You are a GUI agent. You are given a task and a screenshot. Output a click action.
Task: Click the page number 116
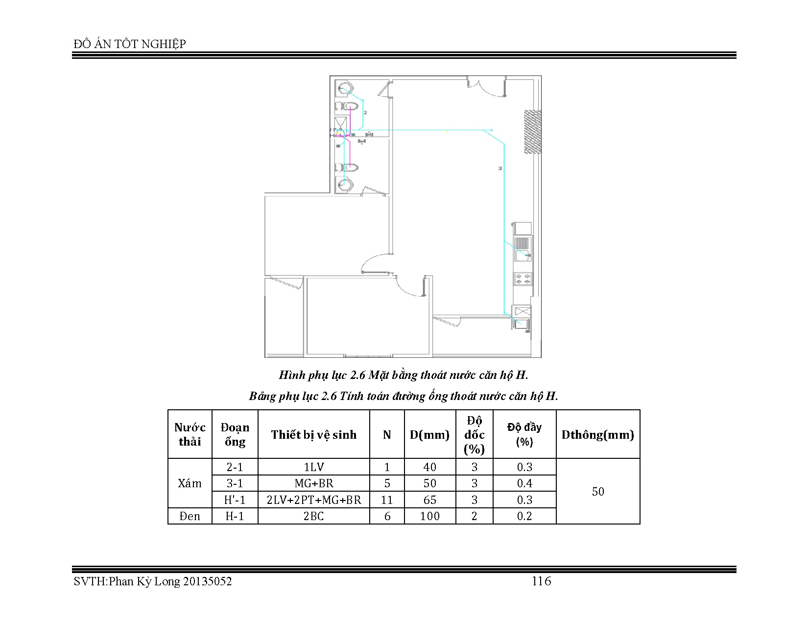coord(542,581)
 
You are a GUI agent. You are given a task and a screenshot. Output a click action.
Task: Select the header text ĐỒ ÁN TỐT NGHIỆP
coord(130,44)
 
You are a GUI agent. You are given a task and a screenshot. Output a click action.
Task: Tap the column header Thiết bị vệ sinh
coord(313,434)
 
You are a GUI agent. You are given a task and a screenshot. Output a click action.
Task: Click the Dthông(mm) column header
coord(597,434)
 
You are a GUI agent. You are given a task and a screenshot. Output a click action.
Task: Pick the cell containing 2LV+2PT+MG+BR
coord(313,500)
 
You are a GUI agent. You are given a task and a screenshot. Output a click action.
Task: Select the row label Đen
coord(190,516)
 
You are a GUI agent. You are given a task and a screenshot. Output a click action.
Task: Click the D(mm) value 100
coord(429,516)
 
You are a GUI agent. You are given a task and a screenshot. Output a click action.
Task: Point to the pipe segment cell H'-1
coord(235,500)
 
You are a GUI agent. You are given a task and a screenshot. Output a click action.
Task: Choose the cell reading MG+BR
coord(313,483)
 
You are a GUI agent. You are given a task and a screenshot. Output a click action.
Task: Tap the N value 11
coord(387,500)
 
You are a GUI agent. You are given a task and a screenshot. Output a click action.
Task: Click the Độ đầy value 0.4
coord(524,483)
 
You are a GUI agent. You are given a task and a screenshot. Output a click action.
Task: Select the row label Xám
coord(190,483)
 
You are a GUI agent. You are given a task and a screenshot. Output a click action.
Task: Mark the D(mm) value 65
coord(429,500)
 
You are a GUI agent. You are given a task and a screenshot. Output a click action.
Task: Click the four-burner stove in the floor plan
coord(523,279)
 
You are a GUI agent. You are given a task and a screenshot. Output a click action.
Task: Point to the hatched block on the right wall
coord(532,131)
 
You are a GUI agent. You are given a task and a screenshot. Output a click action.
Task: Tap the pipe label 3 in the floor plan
coord(500,168)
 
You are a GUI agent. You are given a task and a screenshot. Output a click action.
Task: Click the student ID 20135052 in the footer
coord(207,581)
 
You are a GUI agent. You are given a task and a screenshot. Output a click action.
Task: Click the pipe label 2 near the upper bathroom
coord(365,112)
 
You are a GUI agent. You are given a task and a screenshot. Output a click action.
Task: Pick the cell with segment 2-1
coord(235,467)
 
